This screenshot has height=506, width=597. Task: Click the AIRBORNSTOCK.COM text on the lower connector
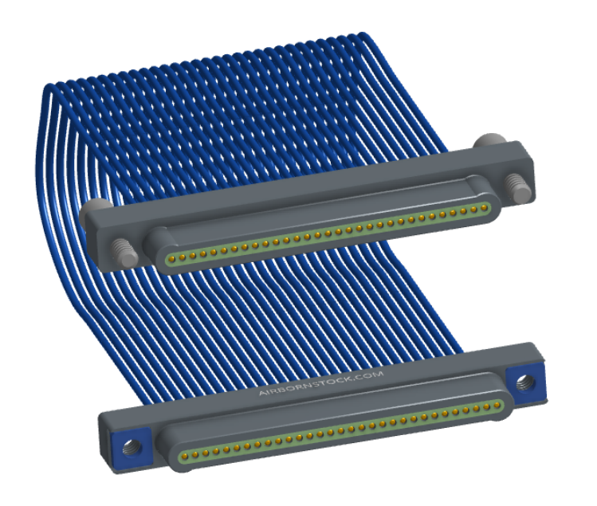(321, 383)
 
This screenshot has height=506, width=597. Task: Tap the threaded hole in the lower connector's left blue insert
(132, 446)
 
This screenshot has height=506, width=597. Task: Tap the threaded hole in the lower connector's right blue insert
(525, 382)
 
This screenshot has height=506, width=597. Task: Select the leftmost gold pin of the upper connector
(171, 259)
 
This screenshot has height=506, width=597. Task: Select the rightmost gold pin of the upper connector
(484, 208)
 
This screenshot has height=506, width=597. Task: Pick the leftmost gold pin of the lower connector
(185, 455)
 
